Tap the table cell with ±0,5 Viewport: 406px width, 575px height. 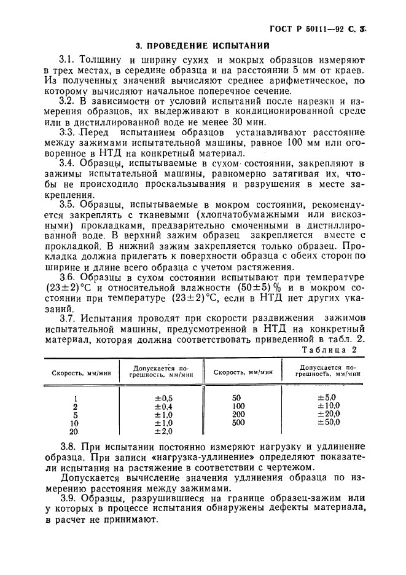click(164, 397)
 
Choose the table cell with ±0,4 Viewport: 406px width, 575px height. click(164, 406)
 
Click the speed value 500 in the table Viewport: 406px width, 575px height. click(238, 422)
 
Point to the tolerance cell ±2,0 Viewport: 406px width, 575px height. click(164, 431)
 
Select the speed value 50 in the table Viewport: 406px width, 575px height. click(238, 397)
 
